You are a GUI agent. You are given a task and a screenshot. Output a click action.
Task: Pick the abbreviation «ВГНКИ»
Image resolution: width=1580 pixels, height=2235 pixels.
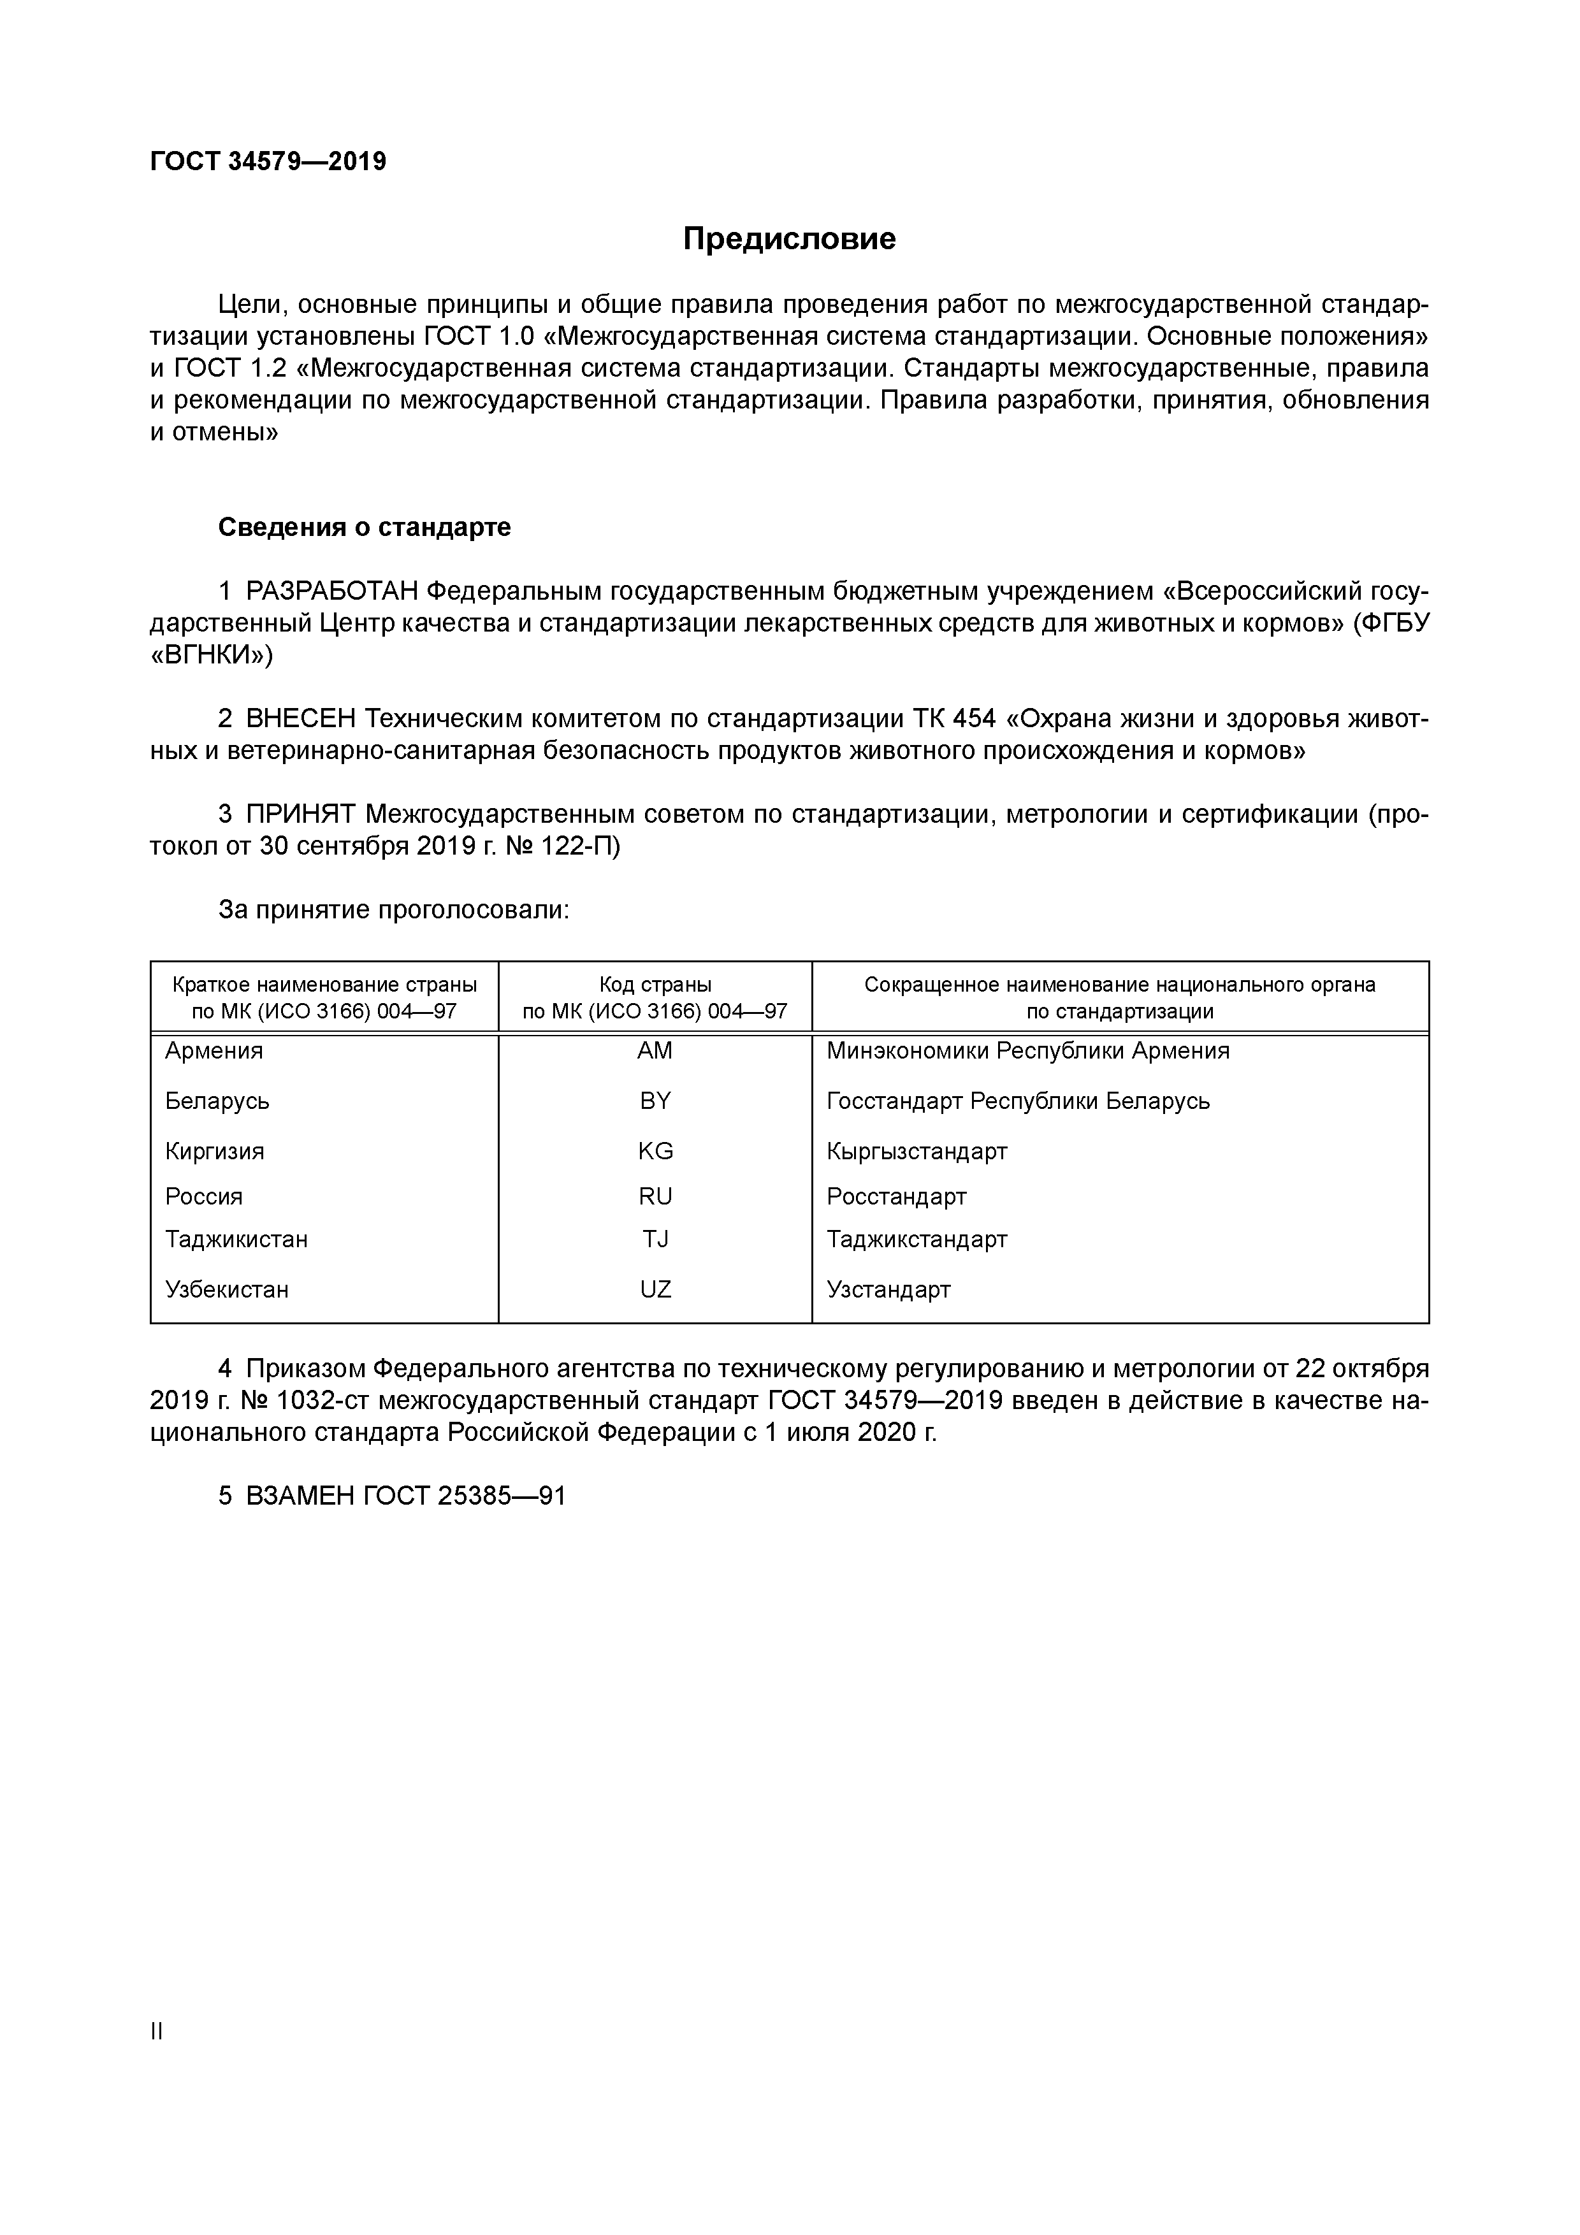click(x=211, y=655)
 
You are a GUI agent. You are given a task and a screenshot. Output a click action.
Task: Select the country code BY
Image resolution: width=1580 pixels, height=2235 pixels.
click(x=655, y=1101)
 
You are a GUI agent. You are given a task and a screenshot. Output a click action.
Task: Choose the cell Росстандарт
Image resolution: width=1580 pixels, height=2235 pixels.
click(x=895, y=1196)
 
